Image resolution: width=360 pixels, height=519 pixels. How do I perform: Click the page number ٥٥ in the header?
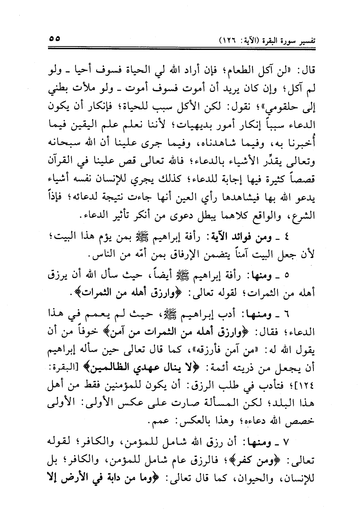point(55,39)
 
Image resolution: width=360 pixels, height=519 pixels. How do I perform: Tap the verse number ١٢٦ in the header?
point(231,40)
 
